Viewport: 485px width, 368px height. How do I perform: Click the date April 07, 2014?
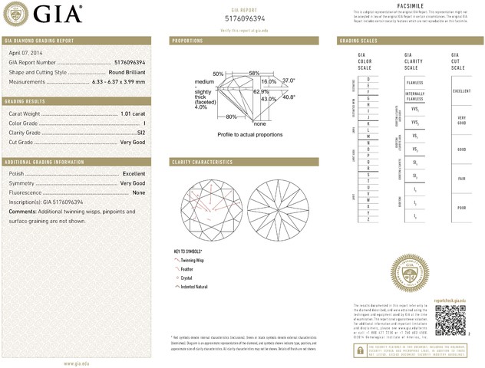tap(25, 53)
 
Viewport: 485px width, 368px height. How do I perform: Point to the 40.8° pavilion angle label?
tap(289, 97)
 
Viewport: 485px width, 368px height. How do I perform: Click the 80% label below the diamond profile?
tap(231, 117)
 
